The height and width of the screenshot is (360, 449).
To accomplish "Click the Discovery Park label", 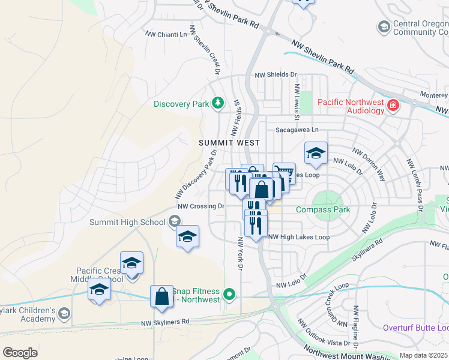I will point(181,104).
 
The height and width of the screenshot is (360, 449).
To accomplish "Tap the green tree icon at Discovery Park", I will point(218,104).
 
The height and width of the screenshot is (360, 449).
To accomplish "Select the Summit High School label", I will point(127,223).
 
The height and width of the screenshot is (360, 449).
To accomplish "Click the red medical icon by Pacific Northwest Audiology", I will point(393,106).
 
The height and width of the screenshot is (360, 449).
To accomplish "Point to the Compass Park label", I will point(323,209).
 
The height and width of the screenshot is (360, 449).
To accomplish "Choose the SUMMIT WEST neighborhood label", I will point(230,143).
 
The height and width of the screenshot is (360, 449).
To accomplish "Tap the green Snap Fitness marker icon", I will point(229,294).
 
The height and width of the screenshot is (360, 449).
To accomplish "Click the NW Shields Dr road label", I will point(276,75).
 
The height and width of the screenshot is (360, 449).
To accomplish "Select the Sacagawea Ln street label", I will point(297,130).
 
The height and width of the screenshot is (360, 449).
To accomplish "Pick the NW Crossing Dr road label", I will point(201,206).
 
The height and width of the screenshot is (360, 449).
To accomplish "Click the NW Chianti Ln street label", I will point(167,35).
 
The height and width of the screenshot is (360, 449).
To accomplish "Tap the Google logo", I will point(20,353).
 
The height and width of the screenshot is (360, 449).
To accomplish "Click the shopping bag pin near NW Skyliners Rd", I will point(161,297).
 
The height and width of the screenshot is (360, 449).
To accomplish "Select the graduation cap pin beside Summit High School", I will point(187,236).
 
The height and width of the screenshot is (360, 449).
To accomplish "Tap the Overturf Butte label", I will point(415,328).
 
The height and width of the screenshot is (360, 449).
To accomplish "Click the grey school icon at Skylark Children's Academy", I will point(65,313).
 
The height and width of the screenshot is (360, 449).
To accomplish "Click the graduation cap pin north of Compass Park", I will point(316,154).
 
